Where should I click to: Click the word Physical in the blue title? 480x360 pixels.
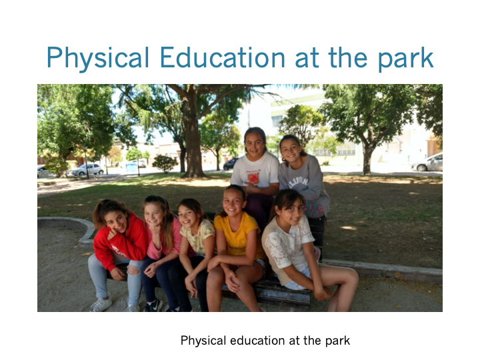coord(97,58)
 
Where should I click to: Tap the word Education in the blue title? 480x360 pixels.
coord(223,57)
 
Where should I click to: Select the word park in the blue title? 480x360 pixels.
coord(406,59)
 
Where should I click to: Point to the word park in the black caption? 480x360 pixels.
coord(337,341)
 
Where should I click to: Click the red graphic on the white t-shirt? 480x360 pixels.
coord(253,177)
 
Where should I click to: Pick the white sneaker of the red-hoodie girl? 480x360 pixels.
coord(101,305)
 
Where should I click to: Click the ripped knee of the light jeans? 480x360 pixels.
coord(134,270)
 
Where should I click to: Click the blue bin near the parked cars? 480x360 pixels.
coord(131,167)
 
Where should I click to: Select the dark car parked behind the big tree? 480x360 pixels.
coord(230,164)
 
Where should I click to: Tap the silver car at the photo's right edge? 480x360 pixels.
coord(428,163)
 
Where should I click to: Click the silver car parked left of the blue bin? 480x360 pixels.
coord(87,169)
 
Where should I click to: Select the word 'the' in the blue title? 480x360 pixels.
coord(348,57)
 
